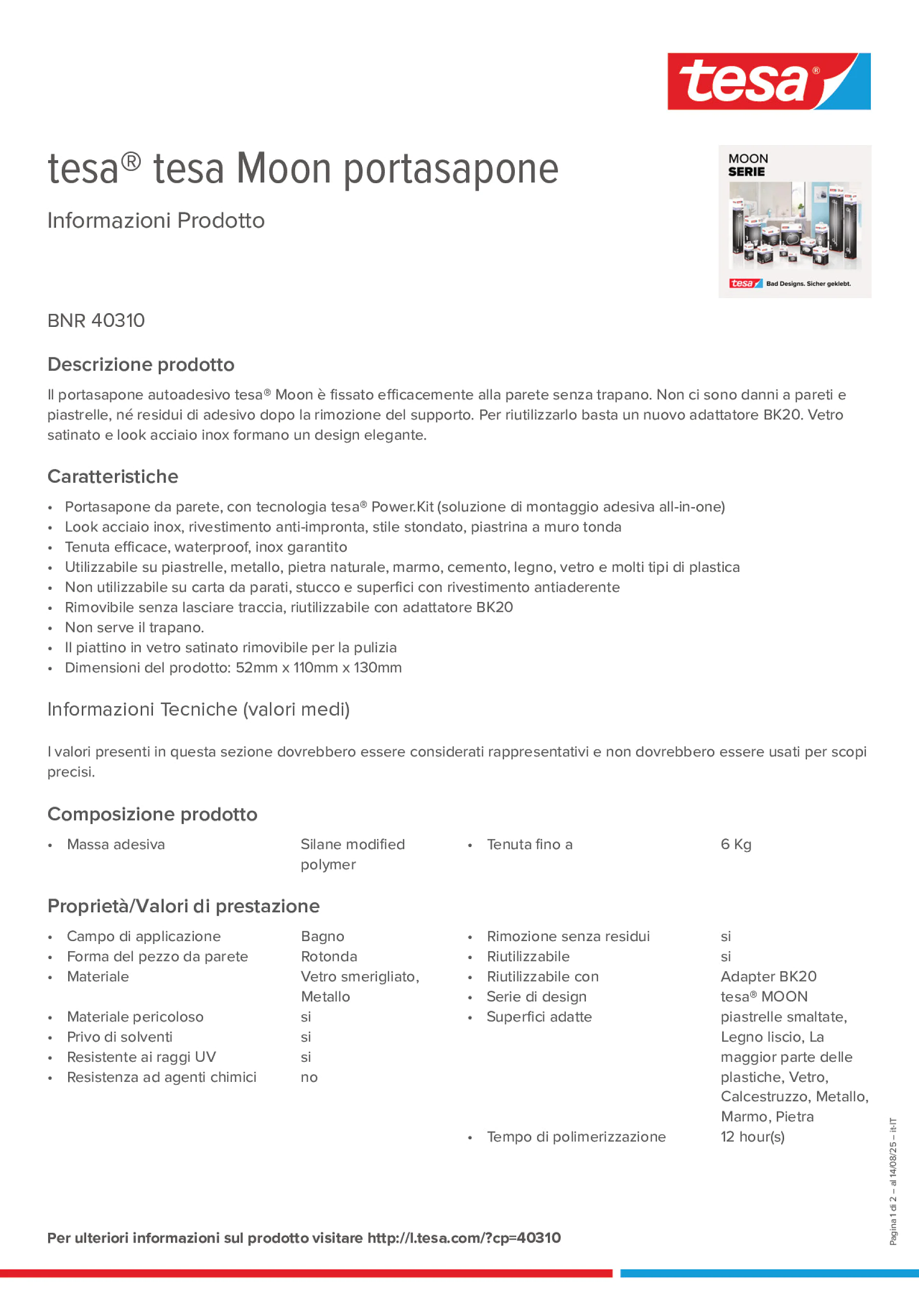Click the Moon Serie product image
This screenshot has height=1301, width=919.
794,222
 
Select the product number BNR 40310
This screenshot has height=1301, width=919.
96,321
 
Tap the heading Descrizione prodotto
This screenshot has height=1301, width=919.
141,364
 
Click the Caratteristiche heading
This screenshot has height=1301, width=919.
113,476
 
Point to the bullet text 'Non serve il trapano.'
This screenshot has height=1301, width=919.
134,627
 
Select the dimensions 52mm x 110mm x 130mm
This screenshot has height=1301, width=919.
319,667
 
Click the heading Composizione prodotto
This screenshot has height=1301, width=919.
152,814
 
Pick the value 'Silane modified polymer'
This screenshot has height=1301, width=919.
353,854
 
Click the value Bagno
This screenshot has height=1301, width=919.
322,936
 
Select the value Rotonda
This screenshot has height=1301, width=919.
329,957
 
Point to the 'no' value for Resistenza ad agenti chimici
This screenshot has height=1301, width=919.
309,1077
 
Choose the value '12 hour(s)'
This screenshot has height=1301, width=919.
752,1137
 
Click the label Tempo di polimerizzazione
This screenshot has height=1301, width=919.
576,1137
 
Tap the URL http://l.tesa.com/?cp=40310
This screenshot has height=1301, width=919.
464,1238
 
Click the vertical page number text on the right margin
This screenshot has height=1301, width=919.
893,1182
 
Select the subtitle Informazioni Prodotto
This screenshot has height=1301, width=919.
156,221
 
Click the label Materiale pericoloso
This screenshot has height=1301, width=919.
135,1017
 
